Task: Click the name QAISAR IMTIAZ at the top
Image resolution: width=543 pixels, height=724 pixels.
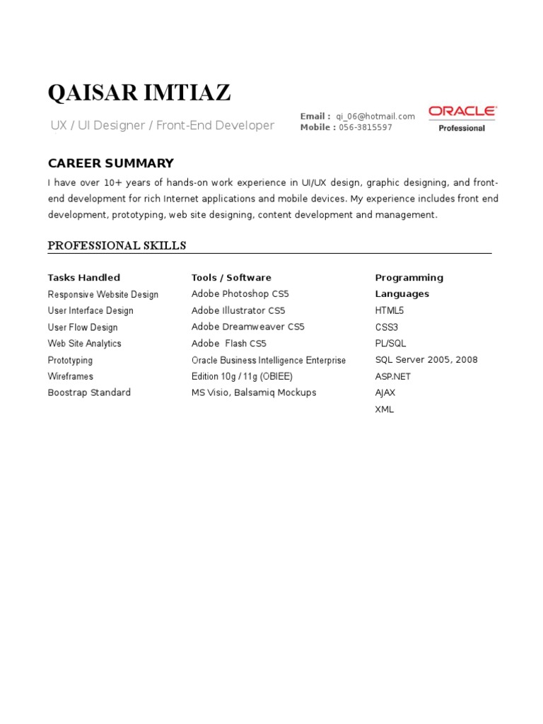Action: coord(139,93)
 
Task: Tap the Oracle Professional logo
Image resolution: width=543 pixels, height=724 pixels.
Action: coord(462,118)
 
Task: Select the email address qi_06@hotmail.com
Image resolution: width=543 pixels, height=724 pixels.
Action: coord(375,116)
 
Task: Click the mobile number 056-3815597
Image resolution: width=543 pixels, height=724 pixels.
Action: coord(366,127)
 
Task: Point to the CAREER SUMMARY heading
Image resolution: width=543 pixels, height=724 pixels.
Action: coord(110,163)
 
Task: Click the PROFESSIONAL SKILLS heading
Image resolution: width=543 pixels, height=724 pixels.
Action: coord(117,245)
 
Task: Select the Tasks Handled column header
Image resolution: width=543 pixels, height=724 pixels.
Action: coord(83,277)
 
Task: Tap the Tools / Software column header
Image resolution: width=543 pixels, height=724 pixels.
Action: coord(231,277)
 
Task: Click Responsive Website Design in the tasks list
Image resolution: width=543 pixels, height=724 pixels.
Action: coord(103,294)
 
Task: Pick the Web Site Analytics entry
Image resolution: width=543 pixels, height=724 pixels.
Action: coord(84,344)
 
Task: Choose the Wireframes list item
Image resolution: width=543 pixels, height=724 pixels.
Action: coord(70,376)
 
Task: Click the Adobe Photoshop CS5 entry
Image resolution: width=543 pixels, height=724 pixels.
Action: coord(240,293)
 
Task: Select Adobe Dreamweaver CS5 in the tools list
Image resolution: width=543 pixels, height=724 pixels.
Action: coord(247,327)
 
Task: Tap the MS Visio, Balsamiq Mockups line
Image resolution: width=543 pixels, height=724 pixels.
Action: coord(253,392)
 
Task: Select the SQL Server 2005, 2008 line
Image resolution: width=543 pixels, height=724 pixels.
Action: coord(426,360)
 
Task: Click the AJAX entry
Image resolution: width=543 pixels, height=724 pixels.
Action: coord(385,392)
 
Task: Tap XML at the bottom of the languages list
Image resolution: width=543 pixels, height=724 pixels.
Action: coord(385,409)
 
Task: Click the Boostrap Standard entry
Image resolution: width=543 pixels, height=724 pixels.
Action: coord(89,392)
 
